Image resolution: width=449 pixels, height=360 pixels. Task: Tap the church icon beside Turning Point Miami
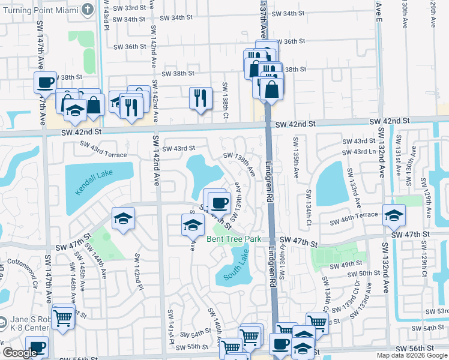(88, 10)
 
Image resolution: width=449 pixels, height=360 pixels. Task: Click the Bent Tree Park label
(234, 239)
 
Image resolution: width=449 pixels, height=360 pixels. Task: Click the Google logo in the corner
(20, 353)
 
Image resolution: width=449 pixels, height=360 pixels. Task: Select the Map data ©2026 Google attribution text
(411, 355)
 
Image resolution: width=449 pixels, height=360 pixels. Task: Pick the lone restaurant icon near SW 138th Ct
(200, 98)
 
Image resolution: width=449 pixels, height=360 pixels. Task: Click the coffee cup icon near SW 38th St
(46, 83)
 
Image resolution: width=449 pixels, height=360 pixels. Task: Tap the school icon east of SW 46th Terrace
(393, 215)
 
